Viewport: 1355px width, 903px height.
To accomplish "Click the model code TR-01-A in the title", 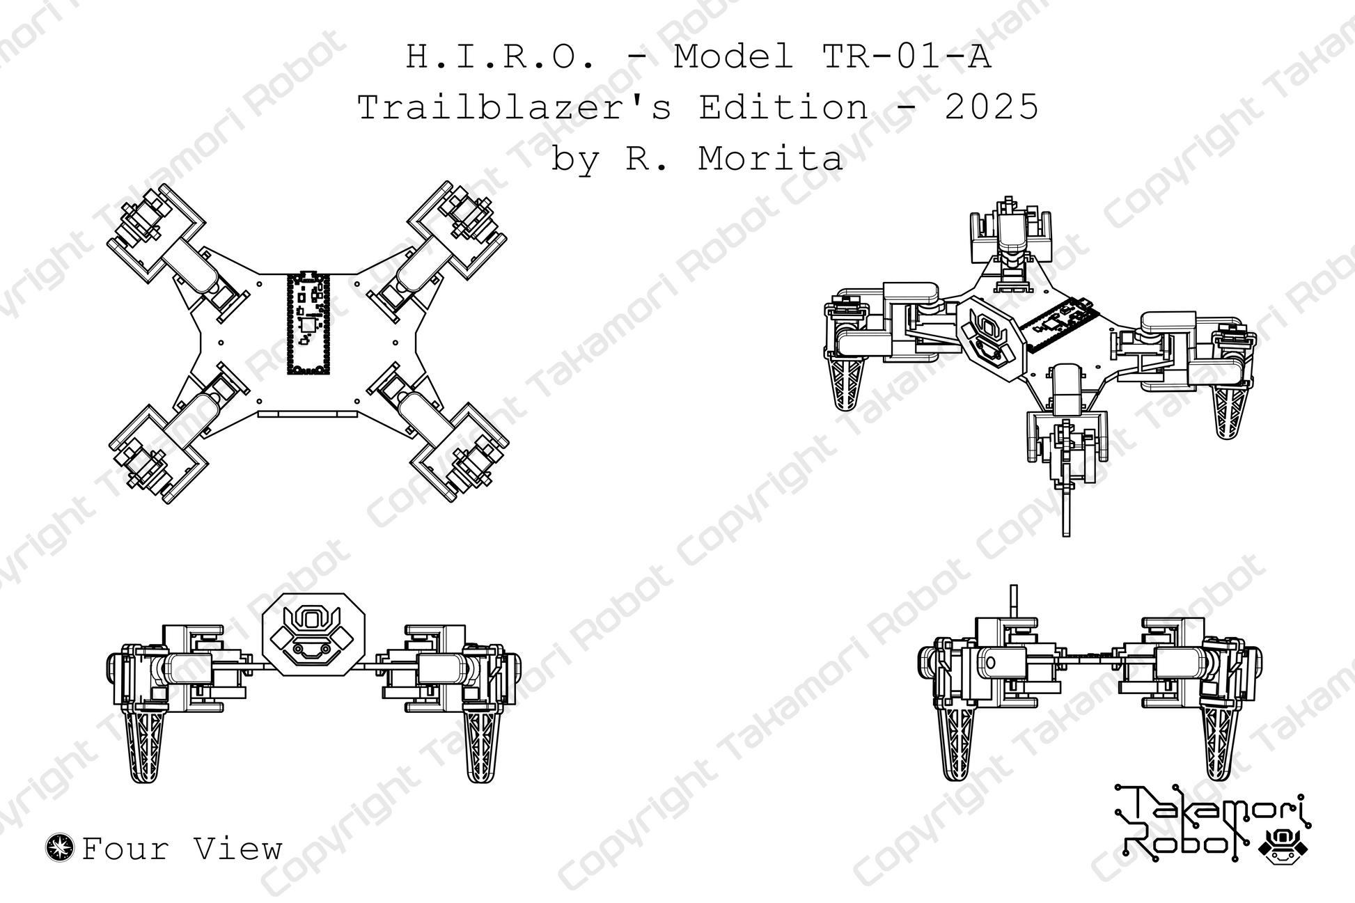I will tap(906, 57).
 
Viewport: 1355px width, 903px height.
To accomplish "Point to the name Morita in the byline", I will tap(770, 159).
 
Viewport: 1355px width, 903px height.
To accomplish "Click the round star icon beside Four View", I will tap(60, 847).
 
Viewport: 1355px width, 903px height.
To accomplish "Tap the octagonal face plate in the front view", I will tap(313, 634).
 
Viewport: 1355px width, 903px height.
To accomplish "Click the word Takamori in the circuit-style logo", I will tap(1215, 810).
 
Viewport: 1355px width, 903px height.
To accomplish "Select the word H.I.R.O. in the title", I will tap(501, 57).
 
